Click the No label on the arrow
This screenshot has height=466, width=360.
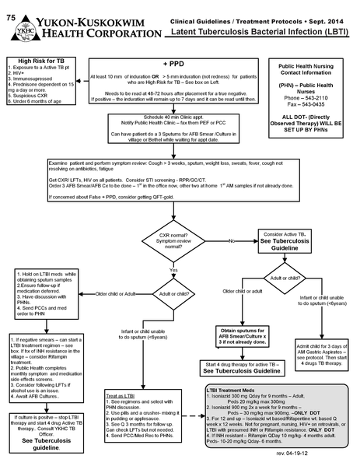pyautogui.click(x=232, y=242)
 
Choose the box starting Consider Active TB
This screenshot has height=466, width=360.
pyautogui.click(x=288, y=239)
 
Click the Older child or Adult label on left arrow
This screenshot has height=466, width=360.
pyautogui.click(x=120, y=293)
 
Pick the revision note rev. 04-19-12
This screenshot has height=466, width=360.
pyautogui.click(x=329, y=453)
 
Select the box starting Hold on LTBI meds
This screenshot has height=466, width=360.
pyautogui.click(x=45, y=288)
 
